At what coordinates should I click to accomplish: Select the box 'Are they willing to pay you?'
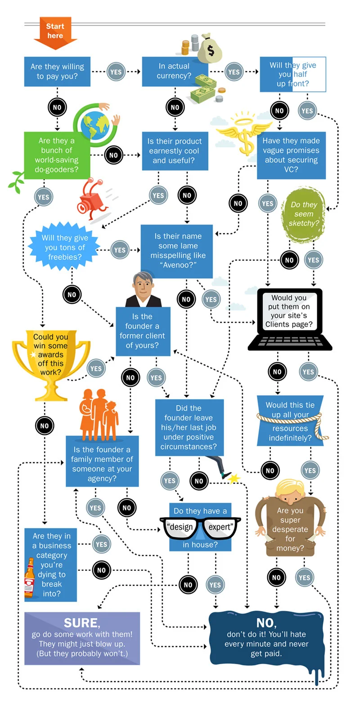click(x=57, y=71)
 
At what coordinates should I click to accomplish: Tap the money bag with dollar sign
click(x=209, y=48)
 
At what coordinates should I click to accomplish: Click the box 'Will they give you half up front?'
click(x=293, y=74)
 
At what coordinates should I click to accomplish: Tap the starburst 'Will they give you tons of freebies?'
click(x=65, y=248)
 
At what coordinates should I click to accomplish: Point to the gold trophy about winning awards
click(x=51, y=360)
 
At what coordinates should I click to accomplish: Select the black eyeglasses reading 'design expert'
click(x=200, y=527)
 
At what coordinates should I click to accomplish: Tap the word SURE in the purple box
click(x=81, y=622)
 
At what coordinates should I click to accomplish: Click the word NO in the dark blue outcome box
click(x=266, y=623)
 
